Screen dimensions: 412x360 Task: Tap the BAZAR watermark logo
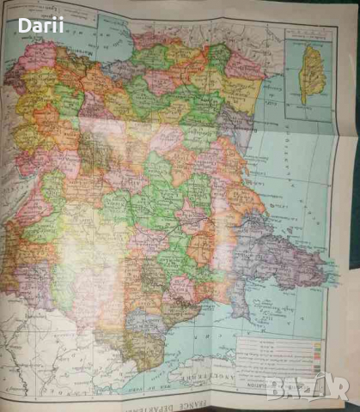(305, 387)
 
